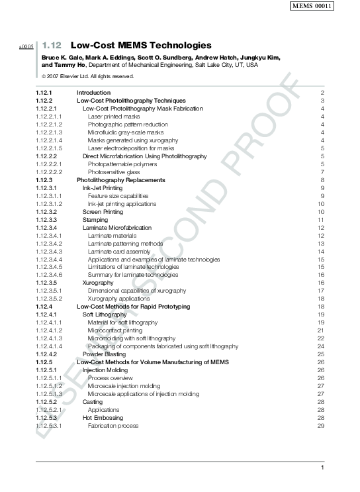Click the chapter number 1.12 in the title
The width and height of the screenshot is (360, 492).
52,46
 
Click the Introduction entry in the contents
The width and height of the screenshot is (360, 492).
94,93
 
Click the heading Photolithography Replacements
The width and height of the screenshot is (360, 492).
121,180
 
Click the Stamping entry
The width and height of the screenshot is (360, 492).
94,220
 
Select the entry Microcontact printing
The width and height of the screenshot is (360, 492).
114,330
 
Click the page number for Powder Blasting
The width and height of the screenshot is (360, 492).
320,354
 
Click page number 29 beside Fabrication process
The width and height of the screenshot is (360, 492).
320,426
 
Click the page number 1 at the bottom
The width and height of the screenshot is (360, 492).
322,469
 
